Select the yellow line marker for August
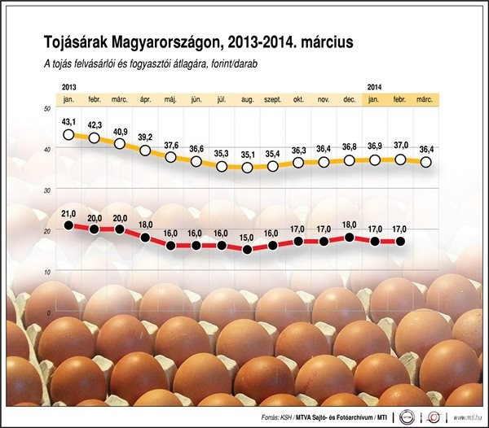[247, 168]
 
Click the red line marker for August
[247, 249]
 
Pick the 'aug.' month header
[247, 98]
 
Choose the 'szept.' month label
[272, 98]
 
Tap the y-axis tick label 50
[47, 109]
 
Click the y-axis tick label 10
[47, 272]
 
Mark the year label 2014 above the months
[375, 85]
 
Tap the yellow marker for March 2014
[425, 162]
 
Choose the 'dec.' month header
[349, 98]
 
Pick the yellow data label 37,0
[400, 146]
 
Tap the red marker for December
[349, 238]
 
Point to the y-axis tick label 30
[47, 190]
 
